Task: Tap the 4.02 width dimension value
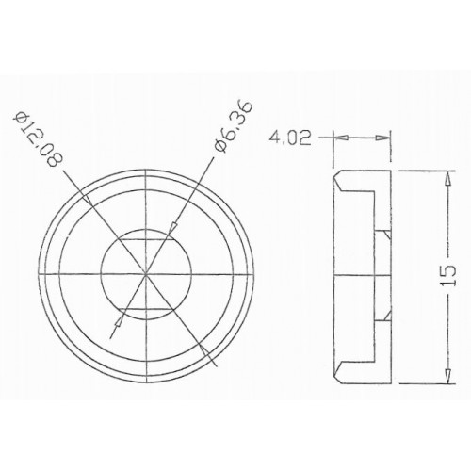(x=290, y=138)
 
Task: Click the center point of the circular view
(x=146, y=272)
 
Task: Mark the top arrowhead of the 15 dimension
(x=443, y=175)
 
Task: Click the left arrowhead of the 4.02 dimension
(x=339, y=138)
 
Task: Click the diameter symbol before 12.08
(x=22, y=116)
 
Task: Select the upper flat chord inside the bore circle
(x=146, y=242)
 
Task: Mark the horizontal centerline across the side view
(x=363, y=274)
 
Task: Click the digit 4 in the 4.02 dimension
(x=274, y=138)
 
